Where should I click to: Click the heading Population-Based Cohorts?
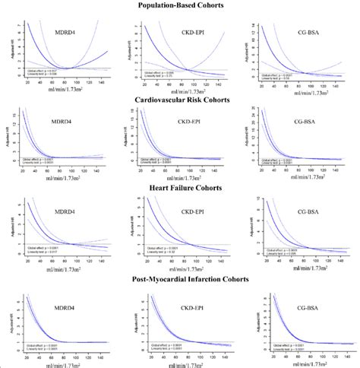pyautogui.click(x=180, y=6)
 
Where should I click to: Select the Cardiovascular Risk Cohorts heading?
pyautogui.click(x=180, y=98)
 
